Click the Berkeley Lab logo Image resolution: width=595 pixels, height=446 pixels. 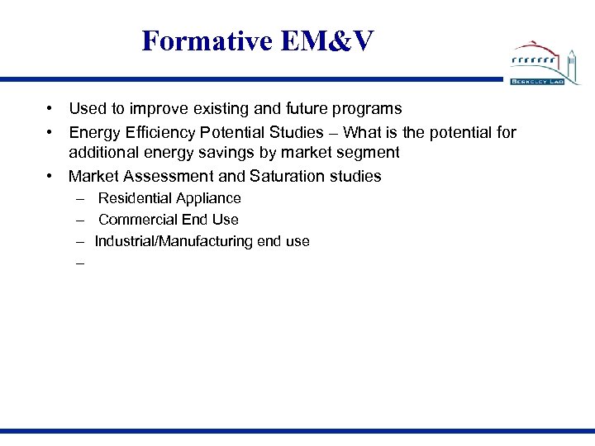(545, 64)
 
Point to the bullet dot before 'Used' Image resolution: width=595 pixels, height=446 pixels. (50, 108)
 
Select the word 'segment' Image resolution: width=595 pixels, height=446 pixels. (369, 153)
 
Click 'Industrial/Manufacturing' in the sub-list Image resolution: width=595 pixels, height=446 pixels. (173, 241)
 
